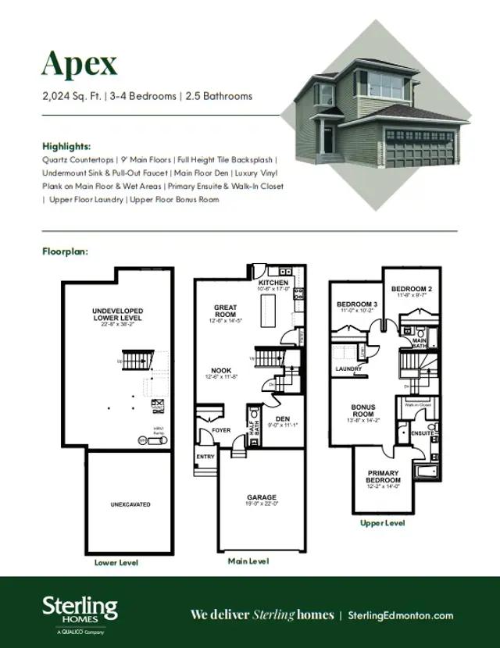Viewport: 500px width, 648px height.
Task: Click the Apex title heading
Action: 80,64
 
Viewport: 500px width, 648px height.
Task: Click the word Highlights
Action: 66,146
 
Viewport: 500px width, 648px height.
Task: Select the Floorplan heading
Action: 65,252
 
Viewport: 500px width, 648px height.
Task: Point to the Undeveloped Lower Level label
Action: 118,315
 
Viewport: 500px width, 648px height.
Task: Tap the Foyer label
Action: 221,430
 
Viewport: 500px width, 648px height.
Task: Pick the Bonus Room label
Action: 363,411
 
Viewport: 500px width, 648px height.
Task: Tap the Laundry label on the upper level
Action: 348,369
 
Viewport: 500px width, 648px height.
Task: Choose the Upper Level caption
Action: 382,523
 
